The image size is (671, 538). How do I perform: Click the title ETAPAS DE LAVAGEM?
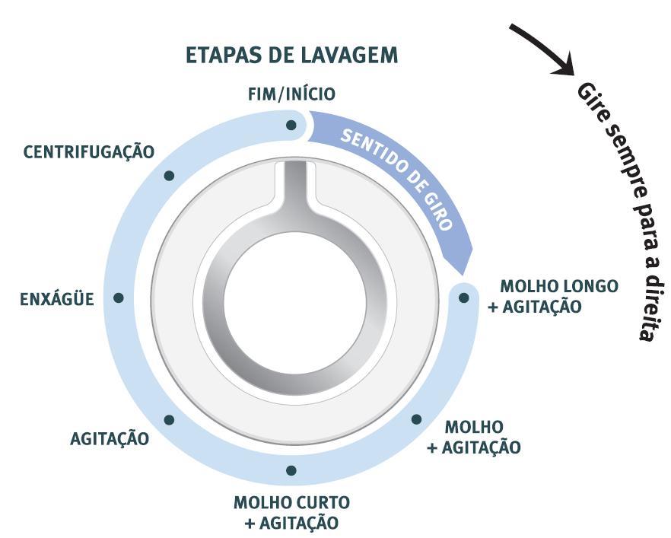[x=291, y=56]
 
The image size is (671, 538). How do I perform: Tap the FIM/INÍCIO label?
[x=291, y=94]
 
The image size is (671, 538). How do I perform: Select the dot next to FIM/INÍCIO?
[x=291, y=125]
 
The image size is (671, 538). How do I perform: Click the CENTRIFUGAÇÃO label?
[x=89, y=152]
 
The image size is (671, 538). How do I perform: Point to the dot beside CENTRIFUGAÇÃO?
[x=169, y=176]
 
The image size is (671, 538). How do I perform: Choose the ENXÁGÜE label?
[x=57, y=299]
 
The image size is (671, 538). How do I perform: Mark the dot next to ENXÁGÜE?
[x=119, y=298]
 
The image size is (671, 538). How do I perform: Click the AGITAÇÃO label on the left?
[x=110, y=438]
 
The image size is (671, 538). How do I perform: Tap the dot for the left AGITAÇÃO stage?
[x=169, y=419]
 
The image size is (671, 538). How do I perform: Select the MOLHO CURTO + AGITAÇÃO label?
[x=291, y=513]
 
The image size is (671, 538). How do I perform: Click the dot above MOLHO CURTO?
[x=291, y=470]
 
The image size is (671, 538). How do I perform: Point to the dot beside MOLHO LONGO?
[x=463, y=298]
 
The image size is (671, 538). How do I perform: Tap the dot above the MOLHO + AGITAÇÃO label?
[x=416, y=419]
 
